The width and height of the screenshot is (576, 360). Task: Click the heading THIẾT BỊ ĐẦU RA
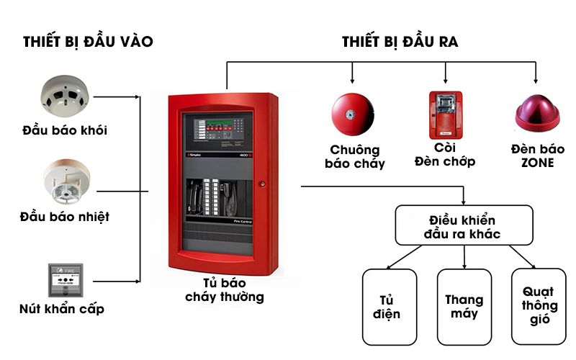[400, 42]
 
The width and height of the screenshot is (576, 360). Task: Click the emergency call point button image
[66, 280]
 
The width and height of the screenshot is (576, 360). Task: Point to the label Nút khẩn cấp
[62, 310]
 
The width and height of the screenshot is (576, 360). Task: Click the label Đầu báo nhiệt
[66, 216]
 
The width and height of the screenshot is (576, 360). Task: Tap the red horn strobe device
[445, 115]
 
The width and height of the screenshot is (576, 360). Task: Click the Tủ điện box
[390, 307]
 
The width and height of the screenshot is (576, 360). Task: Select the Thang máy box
[464, 307]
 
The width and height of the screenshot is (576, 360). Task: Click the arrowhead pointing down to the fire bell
[352, 79]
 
